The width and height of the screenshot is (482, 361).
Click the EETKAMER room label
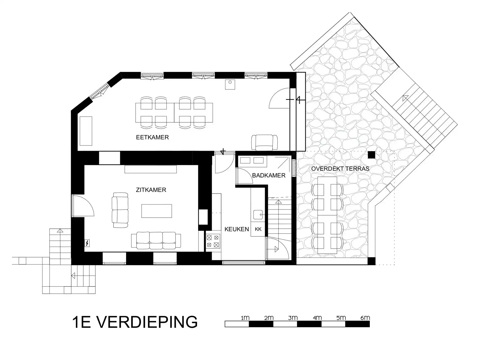click(x=152, y=137)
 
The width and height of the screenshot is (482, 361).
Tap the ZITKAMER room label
click(x=151, y=190)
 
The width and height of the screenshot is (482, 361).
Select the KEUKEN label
click(x=237, y=229)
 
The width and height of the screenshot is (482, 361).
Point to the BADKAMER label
click(x=269, y=175)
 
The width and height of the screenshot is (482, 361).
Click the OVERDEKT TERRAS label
click(x=340, y=169)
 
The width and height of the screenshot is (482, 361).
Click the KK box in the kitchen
click(x=258, y=229)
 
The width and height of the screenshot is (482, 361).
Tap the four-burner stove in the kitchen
click(x=213, y=241)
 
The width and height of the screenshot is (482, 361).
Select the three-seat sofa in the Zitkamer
click(x=156, y=241)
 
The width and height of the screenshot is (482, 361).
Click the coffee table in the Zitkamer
click(x=157, y=211)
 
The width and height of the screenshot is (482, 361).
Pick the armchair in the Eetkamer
click(x=265, y=143)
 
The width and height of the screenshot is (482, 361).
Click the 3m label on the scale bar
click(x=293, y=318)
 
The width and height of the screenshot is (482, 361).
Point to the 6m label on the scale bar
click(x=365, y=318)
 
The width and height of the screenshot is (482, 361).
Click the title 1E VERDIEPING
click(x=135, y=322)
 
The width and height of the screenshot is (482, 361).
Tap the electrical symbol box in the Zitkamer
click(x=87, y=243)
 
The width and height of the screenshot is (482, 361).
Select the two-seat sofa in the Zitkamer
click(x=120, y=210)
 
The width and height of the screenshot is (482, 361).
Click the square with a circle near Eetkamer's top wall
click(x=230, y=84)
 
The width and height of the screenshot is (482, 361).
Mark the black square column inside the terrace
click(x=372, y=155)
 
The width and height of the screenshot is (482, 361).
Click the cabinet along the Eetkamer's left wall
click(x=86, y=131)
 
